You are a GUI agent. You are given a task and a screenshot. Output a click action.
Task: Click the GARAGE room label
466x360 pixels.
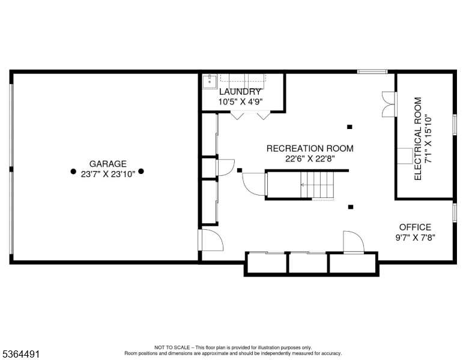[x=108, y=163]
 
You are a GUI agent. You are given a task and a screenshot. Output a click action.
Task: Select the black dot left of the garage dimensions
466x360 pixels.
[x=73, y=171]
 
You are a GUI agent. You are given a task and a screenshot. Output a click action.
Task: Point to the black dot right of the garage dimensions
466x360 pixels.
[x=141, y=171]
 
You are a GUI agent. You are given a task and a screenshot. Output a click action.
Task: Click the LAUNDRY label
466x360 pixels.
[x=240, y=92]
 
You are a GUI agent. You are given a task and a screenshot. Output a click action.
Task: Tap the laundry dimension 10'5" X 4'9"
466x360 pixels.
[x=240, y=102]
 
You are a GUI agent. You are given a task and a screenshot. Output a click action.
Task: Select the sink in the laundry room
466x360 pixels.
[x=208, y=82]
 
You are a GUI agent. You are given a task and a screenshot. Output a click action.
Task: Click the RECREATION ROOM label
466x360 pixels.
[x=310, y=148]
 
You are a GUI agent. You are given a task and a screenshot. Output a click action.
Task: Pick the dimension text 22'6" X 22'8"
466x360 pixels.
[x=310, y=158]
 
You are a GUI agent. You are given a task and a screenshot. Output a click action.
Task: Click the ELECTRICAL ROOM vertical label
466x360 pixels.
[x=418, y=139]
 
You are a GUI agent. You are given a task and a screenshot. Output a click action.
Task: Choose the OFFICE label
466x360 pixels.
[x=415, y=227]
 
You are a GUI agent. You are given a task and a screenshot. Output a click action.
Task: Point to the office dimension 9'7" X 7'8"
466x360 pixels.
[x=415, y=237]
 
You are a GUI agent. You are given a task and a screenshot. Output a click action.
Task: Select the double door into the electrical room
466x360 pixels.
[x=389, y=104]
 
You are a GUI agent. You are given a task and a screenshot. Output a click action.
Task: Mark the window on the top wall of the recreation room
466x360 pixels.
[x=372, y=71]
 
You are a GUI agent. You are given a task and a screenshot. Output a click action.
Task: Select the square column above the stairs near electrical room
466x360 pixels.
[x=349, y=127]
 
